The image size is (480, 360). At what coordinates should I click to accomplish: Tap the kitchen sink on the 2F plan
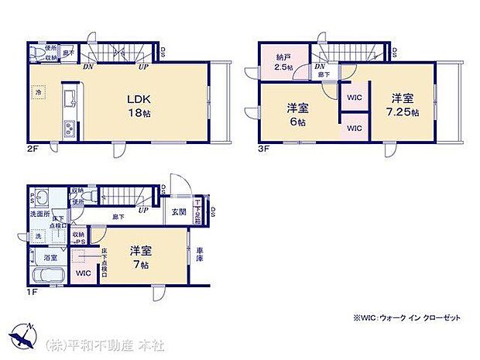coord(67,98)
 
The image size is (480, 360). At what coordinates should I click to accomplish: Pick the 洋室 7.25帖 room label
coord(404,105)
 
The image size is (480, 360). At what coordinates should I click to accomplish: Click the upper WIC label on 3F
coord(355,98)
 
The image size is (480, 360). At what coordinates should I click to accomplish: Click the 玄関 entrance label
coord(177,211)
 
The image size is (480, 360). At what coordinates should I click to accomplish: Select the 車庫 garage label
coord(200,255)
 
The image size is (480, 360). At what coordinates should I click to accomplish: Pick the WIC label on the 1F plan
coord(83,273)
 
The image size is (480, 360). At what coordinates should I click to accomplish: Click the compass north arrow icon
coord(22,336)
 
